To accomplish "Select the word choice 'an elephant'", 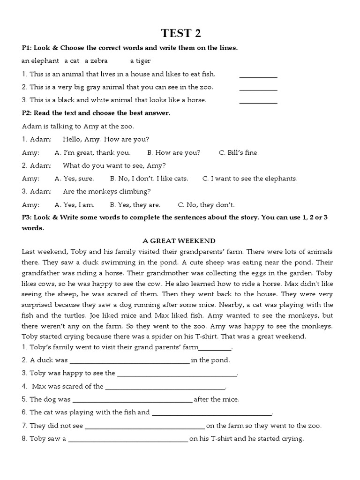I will click(x=40, y=61).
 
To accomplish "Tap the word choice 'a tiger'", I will click(x=140, y=61).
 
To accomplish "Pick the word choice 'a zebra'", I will click(x=96, y=61).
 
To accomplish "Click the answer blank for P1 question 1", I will click(x=258, y=75).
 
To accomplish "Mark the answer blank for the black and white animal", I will click(x=258, y=101).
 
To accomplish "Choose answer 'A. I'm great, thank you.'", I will click(x=92, y=153).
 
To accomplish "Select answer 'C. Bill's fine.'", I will click(x=239, y=153).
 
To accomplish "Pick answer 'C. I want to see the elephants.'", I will click(x=250, y=179).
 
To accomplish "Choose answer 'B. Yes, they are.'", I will click(x=135, y=205).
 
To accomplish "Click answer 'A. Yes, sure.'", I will click(x=74, y=179).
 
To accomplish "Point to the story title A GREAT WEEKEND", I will click(x=179, y=241).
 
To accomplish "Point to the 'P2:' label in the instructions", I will click(x=29, y=113).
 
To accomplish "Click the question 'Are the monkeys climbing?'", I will click(x=107, y=192).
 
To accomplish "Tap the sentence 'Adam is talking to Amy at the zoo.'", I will click(x=78, y=127).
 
